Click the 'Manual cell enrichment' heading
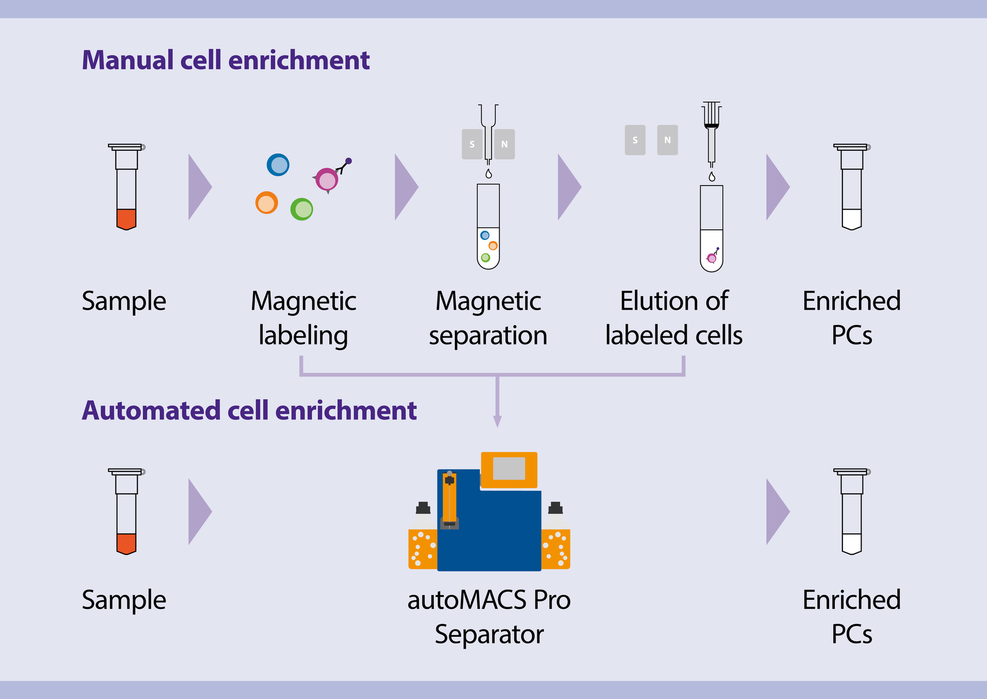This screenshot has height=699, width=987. point(226,60)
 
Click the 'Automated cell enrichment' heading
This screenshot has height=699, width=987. point(249,410)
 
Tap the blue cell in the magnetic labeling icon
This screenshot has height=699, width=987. point(278,165)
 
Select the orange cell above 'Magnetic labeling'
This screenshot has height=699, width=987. point(266,203)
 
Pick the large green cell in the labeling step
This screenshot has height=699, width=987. point(302,209)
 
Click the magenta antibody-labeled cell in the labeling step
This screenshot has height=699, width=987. point(327,180)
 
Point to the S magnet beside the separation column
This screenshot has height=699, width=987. point(472,144)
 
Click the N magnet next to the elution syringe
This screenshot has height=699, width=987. point(667,140)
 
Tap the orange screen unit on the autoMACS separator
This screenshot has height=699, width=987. point(509,470)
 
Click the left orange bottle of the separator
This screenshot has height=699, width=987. point(422,548)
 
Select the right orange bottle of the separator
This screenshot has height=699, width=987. point(556,548)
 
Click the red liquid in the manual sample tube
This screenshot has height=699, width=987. point(126,218)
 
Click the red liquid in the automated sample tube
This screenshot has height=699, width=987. point(126,543)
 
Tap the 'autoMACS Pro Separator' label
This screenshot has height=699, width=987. point(489,616)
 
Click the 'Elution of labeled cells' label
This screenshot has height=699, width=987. point(673,317)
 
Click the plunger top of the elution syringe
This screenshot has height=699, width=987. point(711,104)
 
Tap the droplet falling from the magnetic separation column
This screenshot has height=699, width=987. point(488,174)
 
